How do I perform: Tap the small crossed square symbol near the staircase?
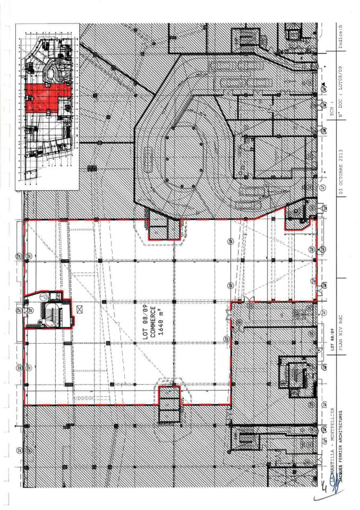coord(80,308)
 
